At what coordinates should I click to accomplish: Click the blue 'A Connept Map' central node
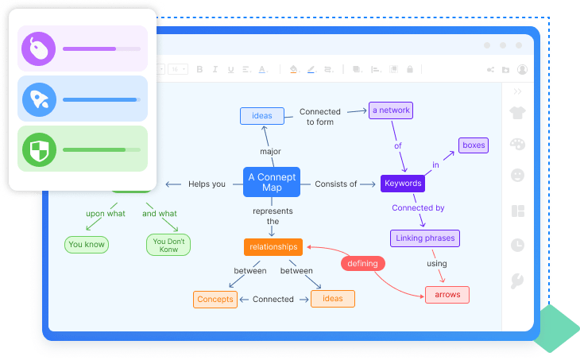[272, 183]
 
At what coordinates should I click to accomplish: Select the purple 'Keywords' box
[402, 184]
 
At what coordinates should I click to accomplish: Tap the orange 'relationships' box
[273, 246]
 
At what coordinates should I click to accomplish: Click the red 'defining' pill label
[364, 262]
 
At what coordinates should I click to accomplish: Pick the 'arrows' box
[447, 295]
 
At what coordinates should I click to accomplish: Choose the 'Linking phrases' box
[425, 238]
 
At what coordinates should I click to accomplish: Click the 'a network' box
[391, 110]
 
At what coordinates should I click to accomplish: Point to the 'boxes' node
[473, 145]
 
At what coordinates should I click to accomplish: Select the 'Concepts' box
[215, 299]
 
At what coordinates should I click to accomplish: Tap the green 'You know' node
[87, 244]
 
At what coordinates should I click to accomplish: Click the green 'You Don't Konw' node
[168, 244]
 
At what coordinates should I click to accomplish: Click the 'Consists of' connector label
[335, 184]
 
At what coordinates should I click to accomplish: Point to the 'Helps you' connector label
[207, 184]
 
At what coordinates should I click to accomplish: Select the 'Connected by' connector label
[418, 208]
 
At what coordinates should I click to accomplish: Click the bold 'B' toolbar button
[199, 69]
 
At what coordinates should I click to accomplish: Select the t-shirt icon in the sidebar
[517, 113]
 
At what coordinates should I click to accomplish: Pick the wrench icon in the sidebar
[517, 280]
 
